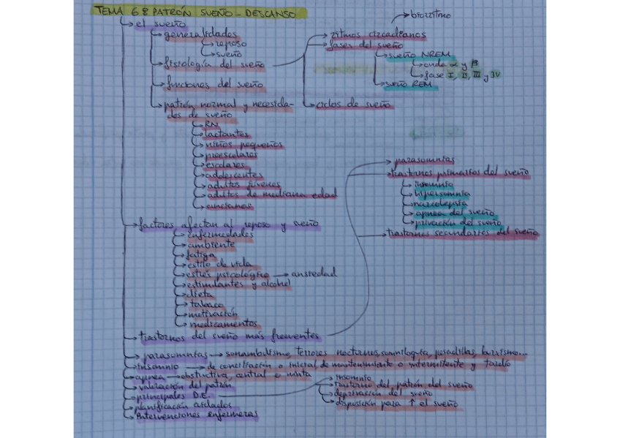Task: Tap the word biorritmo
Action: [430, 15]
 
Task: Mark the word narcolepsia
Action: [442, 203]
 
